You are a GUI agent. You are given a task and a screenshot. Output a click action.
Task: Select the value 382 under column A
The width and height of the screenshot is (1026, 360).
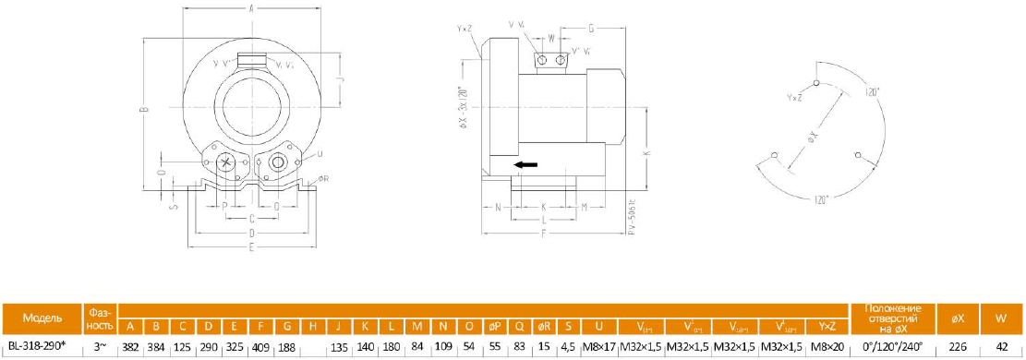pyautogui.click(x=131, y=346)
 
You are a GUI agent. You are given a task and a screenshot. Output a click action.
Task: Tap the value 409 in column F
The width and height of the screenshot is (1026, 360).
pyautogui.click(x=261, y=346)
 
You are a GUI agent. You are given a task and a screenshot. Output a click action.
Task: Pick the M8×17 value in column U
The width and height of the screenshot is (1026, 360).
pyautogui.click(x=600, y=346)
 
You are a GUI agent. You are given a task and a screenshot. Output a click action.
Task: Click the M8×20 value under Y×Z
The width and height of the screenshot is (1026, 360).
pyautogui.click(x=827, y=346)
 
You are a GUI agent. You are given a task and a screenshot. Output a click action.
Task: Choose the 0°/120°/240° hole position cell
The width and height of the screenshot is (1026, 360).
pyautogui.click(x=893, y=346)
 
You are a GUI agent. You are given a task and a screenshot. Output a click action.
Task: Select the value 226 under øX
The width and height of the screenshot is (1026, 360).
pyautogui.click(x=958, y=346)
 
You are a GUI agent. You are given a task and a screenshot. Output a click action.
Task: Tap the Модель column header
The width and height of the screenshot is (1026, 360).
pyautogui.click(x=42, y=318)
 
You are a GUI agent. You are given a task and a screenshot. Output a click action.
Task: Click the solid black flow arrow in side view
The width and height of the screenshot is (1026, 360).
pyautogui.click(x=525, y=165)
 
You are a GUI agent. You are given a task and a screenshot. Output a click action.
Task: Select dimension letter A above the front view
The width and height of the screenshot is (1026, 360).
pyautogui.click(x=252, y=8)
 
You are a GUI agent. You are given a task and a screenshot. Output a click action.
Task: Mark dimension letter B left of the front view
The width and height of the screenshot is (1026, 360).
pyautogui.click(x=144, y=110)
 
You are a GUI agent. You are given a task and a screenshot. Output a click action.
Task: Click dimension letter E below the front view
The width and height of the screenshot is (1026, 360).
pyautogui.click(x=252, y=248)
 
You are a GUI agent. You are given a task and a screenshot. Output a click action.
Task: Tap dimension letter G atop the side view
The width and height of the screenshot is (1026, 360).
pyautogui.click(x=590, y=29)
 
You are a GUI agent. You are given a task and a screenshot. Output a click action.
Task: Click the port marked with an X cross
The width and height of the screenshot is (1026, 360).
pyautogui.click(x=226, y=162)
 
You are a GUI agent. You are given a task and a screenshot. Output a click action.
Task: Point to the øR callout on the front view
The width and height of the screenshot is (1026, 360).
pyautogui.click(x=322, y=179)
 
